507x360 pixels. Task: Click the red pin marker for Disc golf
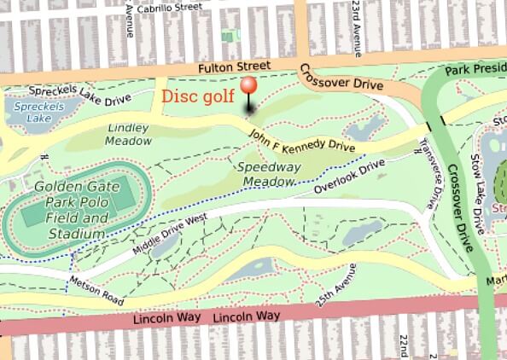[249, 88]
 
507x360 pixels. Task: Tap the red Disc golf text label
[197, 96]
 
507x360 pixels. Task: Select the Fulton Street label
[233, 66]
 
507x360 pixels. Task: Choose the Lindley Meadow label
[129, 134]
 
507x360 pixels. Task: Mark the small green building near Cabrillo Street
[228, 35]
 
